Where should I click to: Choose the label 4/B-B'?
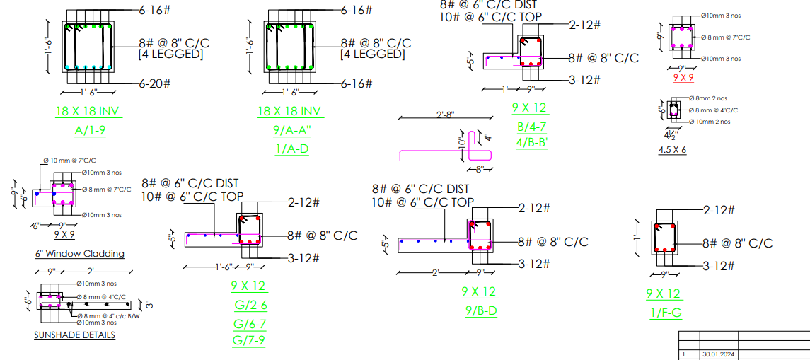click(x=533, y=142)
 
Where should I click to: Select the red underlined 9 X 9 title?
click(x=683, y=76)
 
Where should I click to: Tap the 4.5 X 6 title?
click(x=672, y=150)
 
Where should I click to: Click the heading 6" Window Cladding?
click(x=79, y=253)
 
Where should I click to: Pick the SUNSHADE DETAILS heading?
click(x=74, y=335)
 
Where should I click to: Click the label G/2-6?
click(x=250, y=306)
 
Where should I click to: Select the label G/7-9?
click(x=248, y=339)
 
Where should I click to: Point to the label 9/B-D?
click(x=481, y=310)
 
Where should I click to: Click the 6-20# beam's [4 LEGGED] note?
click(x=170, y=54)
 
